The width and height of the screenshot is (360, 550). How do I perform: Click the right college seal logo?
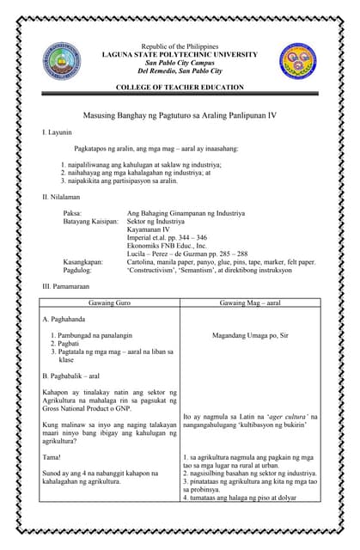click(x=297, y=60)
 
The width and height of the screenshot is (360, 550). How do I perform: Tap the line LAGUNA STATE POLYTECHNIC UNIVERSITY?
click(x=180, y=54)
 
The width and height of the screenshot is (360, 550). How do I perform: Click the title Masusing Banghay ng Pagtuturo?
click(x=180, y=114)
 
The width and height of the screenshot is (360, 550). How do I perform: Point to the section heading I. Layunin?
click(x=57, y=133)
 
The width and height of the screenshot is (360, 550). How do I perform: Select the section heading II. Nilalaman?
click(x=60, y=197)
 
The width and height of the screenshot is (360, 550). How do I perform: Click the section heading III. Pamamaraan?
click(x=64, y=284)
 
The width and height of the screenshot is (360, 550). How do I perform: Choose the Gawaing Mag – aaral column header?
click(x=250, y=302)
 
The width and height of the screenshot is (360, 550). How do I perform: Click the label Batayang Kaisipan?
click(x=90, y=221)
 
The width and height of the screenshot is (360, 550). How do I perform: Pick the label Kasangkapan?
click(x=83, y=261)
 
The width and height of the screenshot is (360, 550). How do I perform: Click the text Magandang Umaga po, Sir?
click(x=250, y=336)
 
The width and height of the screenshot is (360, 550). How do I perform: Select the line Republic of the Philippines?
click(x=180, y=46)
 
